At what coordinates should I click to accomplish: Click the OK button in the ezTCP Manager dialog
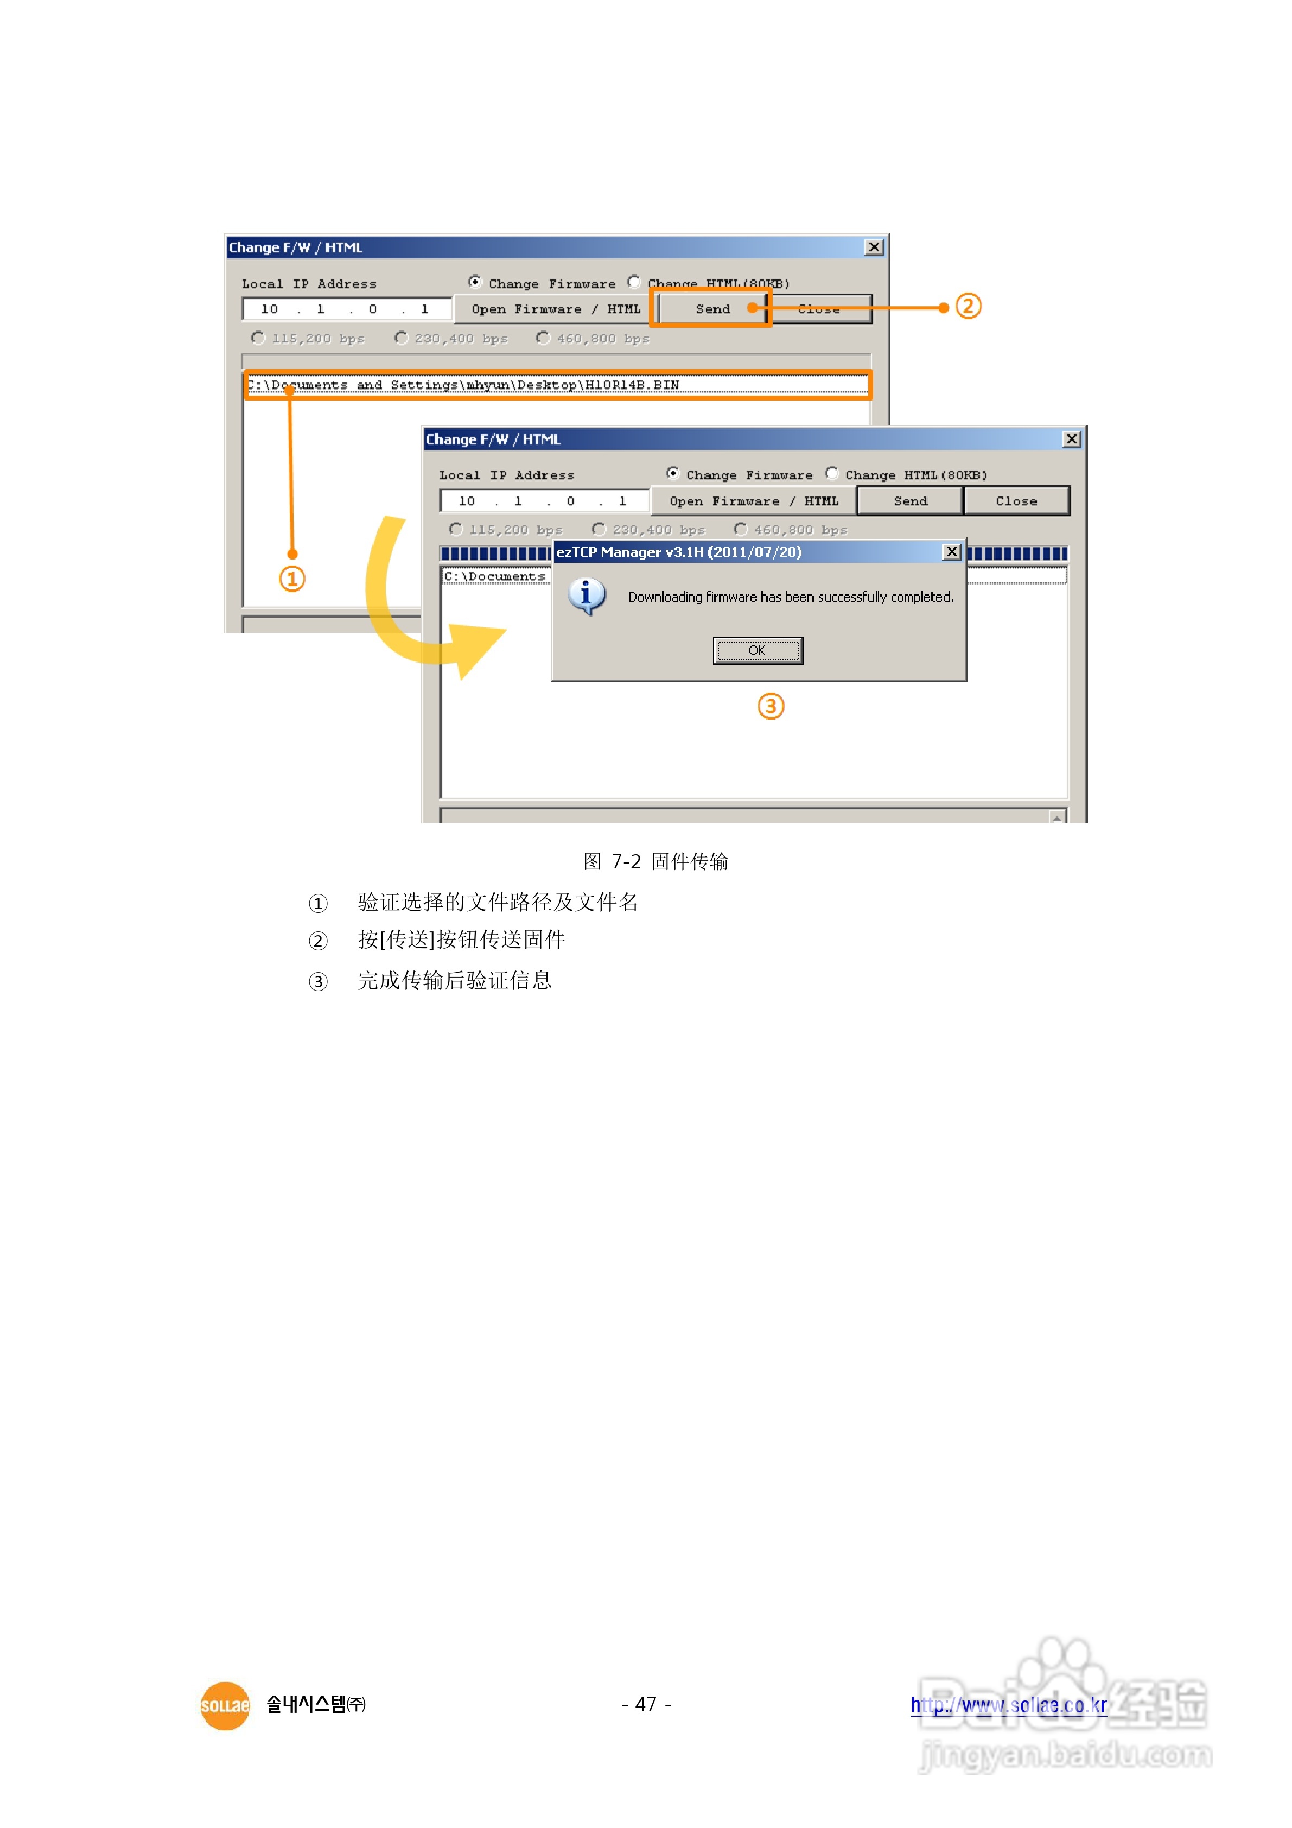point(757,650)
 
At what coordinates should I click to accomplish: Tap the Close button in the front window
point(1016,501)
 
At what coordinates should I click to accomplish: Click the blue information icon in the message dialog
point(587,595)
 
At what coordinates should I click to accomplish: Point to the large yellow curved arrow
point(414,605)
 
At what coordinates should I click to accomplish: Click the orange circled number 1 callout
point(292,579)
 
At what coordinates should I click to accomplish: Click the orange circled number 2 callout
point(968,307)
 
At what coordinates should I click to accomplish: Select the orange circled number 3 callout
point(771,706)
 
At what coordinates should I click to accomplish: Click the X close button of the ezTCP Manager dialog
point(951,552)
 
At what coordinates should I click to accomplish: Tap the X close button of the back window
point(874,247)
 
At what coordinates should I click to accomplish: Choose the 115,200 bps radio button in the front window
point(456,529)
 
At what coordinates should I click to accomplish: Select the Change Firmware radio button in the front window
point(673,474)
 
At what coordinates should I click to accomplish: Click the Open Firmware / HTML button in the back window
point(556,309)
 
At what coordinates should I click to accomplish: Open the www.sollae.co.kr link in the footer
point(1009,1705)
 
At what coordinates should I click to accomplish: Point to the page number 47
point(646,1705)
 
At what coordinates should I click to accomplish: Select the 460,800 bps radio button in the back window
point(543,338)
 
